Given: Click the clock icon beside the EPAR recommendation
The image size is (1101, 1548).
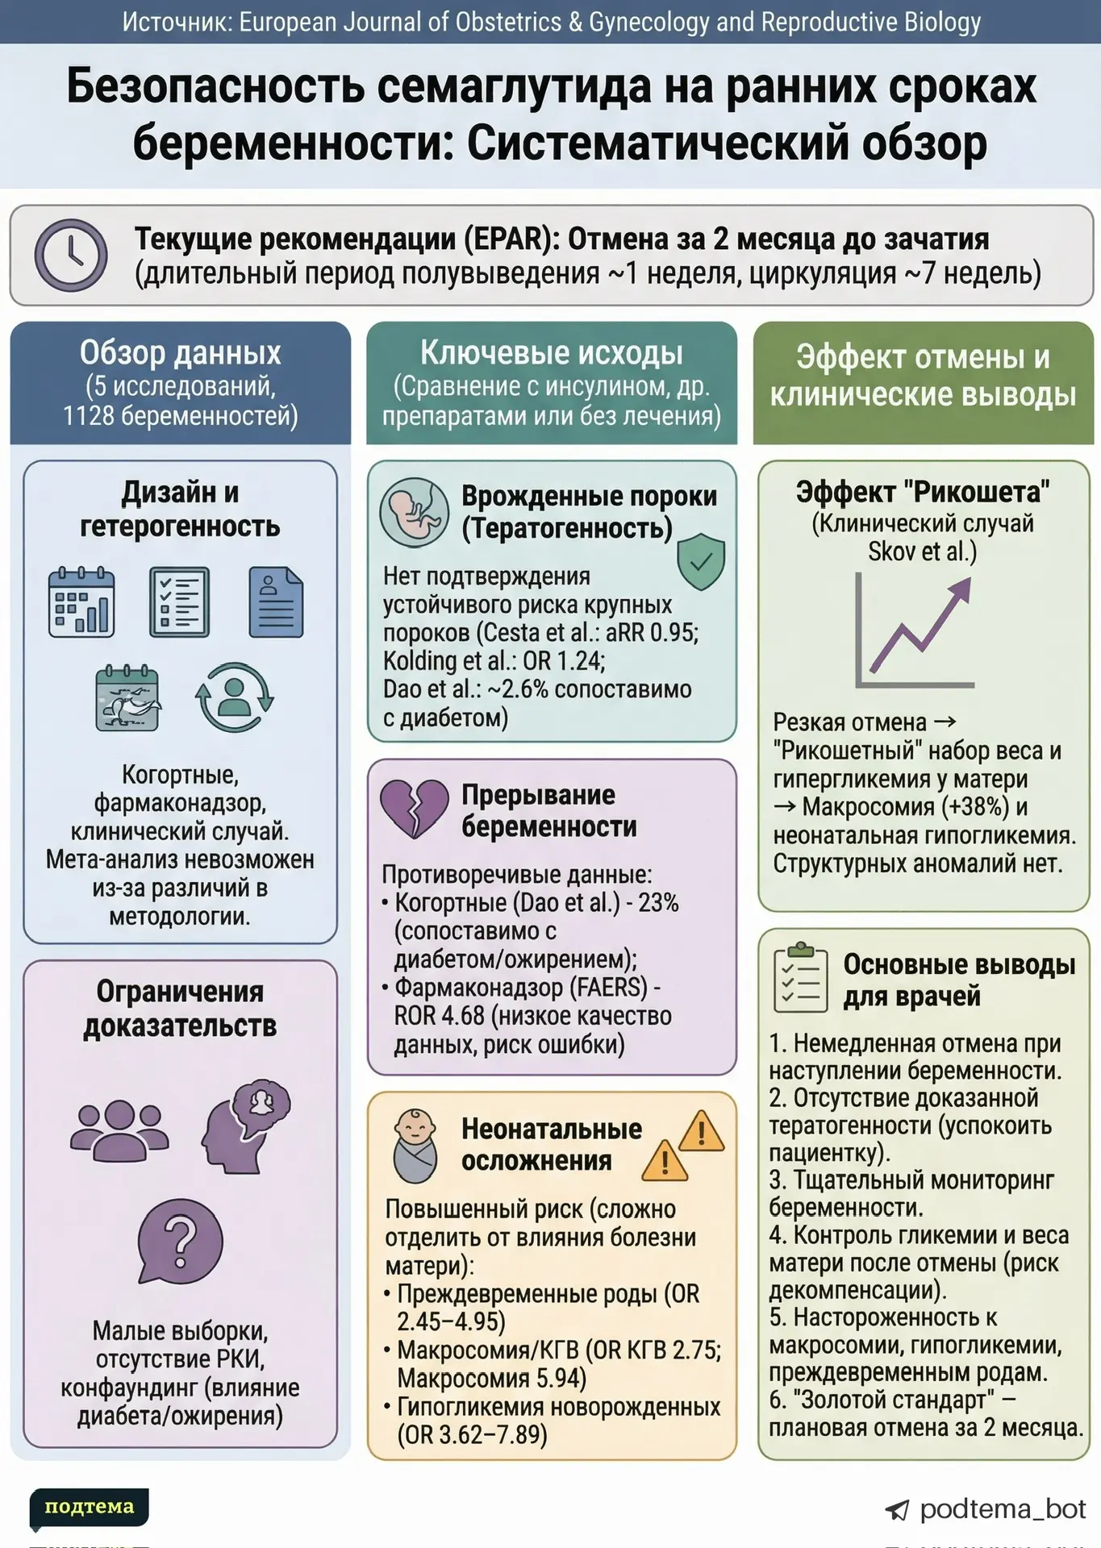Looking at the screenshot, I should pos(71,255).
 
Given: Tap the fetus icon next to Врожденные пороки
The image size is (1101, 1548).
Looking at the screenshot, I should pos(415,511).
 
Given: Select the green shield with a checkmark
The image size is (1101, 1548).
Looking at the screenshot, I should pos(701,561).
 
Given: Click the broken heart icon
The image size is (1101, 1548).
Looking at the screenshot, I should pos(414,809).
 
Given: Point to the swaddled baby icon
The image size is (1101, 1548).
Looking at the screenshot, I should pos(415,1146).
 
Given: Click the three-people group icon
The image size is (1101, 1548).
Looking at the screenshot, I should pos(119,1129).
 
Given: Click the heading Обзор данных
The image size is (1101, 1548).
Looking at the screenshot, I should pos(180,353).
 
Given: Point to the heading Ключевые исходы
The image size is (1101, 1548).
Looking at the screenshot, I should pos(552,353).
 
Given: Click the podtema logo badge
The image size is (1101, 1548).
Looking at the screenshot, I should pos(89,1507).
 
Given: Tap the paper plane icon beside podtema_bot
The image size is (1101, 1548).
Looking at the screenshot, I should pos(897,1510).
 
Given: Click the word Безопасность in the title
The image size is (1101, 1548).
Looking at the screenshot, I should pos(215,86).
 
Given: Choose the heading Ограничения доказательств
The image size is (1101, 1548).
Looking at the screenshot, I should pos(180,1009).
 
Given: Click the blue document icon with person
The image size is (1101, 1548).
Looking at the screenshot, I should pos(276,602).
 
